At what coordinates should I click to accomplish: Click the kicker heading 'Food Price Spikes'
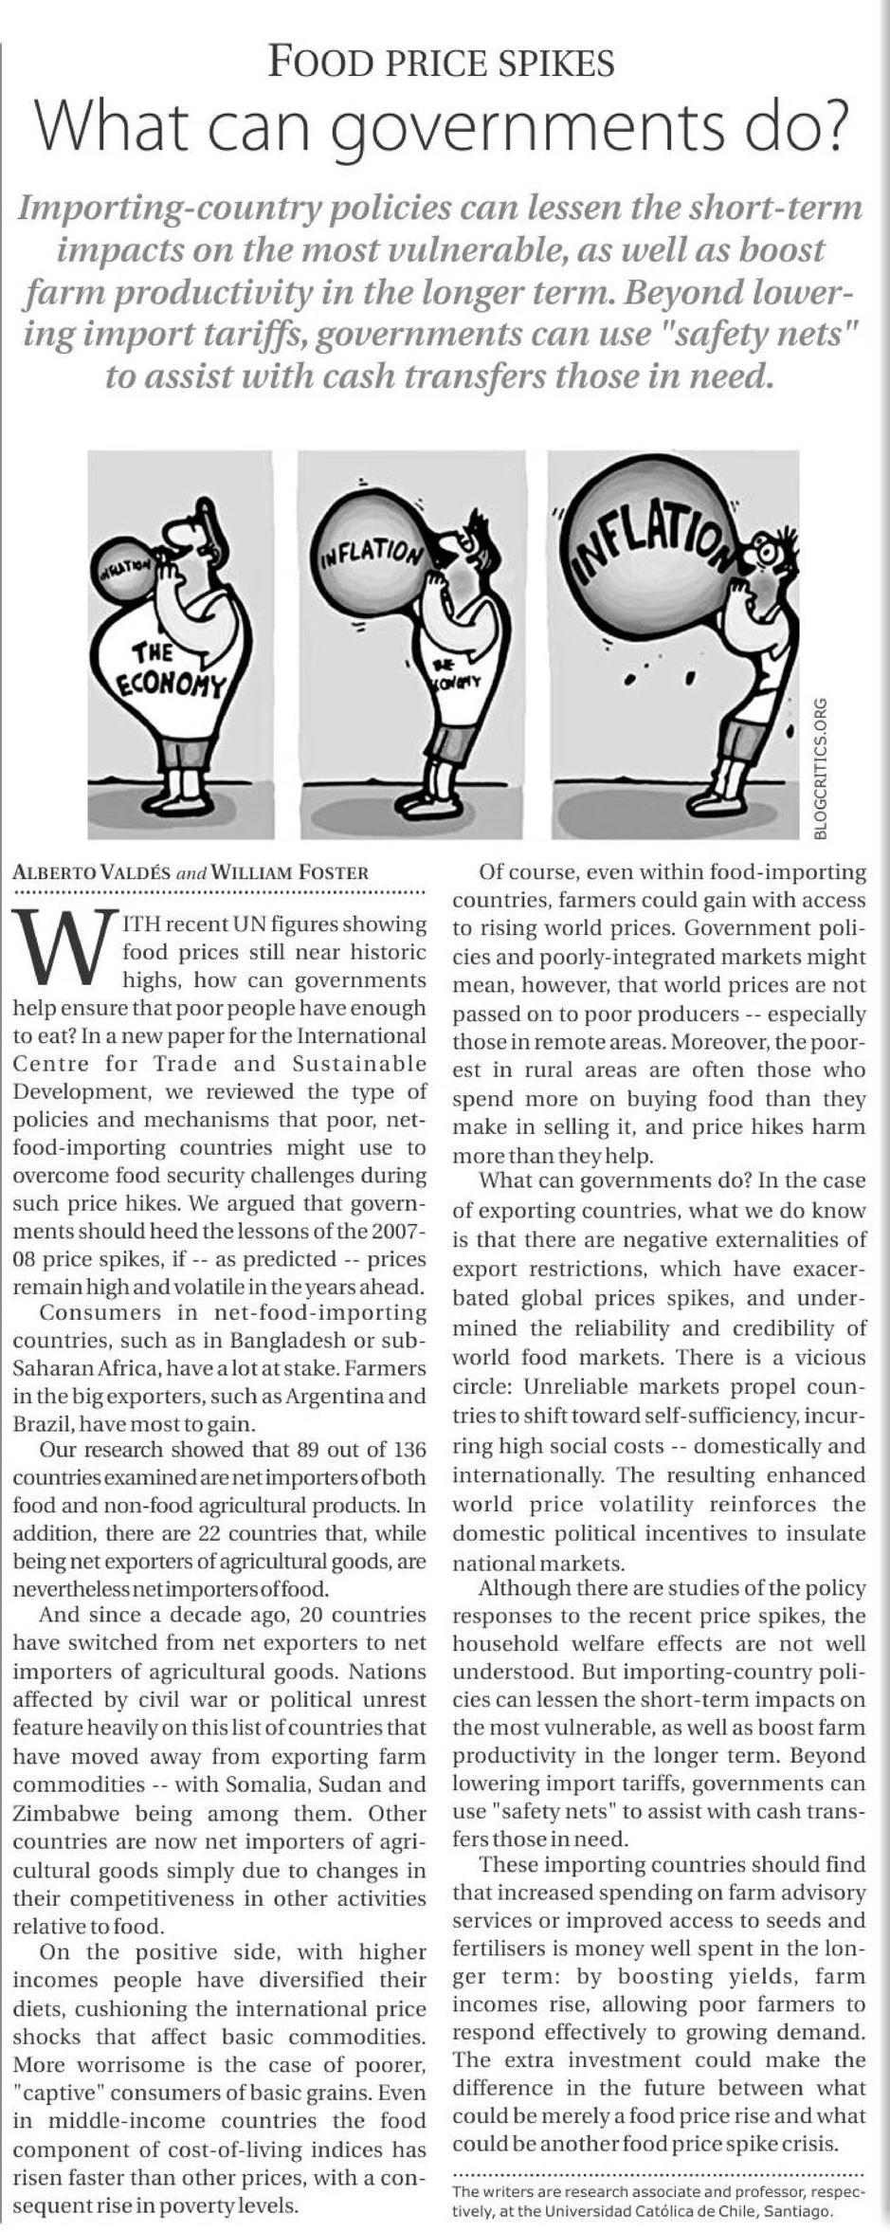(x=442, y=63)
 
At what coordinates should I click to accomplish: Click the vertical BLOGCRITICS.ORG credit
(x=822, y=768)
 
